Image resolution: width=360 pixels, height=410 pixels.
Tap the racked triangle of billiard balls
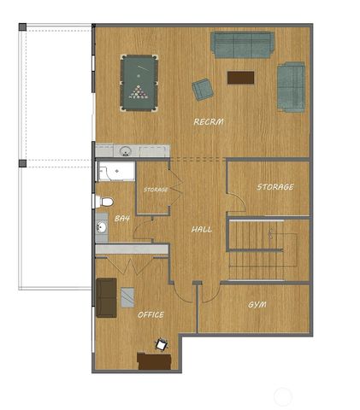point(139,91)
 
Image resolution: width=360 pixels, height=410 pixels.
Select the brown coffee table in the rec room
point(240,77)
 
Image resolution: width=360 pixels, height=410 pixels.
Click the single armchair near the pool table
point(203,89)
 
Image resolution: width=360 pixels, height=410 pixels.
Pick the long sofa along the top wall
point(242,44)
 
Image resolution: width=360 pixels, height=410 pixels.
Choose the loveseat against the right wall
point(291,86)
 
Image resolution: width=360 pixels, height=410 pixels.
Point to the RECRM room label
point(208,122)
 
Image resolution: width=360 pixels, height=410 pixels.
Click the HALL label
point(202,229)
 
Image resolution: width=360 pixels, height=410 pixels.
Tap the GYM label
point(257,305)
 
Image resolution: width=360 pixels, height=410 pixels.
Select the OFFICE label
point(150,314)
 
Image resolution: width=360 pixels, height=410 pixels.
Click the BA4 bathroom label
point(122,219)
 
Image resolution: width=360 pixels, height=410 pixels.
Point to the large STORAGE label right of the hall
point(275,186)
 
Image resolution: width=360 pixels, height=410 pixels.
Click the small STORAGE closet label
point(156,189)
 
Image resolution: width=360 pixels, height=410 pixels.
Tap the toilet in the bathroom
point(104,202)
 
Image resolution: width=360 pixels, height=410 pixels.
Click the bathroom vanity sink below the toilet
point(101,229)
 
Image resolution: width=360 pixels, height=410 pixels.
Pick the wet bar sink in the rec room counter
point(126,151)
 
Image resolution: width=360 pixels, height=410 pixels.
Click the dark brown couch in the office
point(106,296)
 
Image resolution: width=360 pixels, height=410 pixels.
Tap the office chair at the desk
point(160,345)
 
